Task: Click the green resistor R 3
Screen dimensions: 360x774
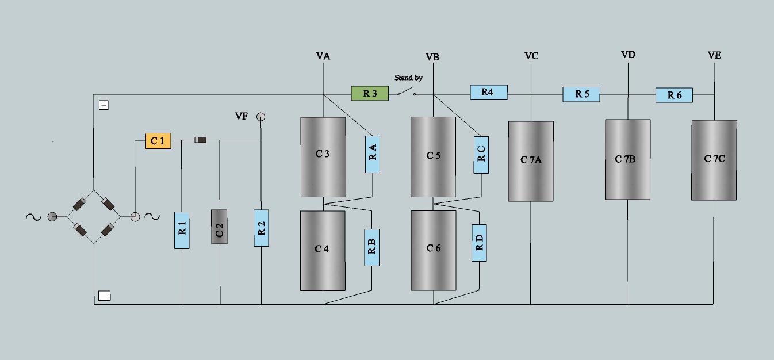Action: click(370, 93)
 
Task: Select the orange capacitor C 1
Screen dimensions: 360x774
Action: click(158, 141)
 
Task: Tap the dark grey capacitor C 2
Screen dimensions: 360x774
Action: click(220, 227)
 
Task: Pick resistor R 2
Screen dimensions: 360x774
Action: click(262, 227)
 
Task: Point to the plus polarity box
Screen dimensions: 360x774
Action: click(104, 105)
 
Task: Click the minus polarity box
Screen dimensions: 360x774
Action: click(104, 296)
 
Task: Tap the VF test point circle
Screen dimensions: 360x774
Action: click(261, 117)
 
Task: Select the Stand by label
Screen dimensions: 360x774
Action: click(408, 78)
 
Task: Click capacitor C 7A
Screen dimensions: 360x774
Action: click(531, 161)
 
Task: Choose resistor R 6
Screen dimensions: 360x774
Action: click(674, 95)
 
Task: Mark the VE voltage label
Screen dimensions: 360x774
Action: click(714, 56)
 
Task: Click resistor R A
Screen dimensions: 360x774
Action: click(373, 154)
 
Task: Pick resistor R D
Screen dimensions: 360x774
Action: click(479, 243)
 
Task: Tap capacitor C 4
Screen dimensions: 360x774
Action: click(323, 250)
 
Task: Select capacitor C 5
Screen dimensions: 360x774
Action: click(433, 156)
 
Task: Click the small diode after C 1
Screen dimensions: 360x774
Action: click(201, 140)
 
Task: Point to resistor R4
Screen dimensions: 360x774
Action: click(489, 92)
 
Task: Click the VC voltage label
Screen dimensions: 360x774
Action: click(531, 56)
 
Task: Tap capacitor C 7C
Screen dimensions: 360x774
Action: click(714, 160)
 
